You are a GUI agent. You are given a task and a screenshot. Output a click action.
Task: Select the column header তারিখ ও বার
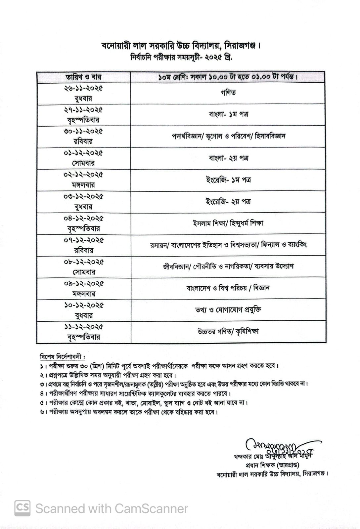click(83, 77)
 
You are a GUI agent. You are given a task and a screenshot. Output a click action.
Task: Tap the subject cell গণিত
click(229, 93)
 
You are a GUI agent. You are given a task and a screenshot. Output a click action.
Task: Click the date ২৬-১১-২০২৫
click(83, 88)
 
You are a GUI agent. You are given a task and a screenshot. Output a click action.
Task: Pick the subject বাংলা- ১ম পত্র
click(229, 115)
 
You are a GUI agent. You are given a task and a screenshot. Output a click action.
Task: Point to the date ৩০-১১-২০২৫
click(83, 131)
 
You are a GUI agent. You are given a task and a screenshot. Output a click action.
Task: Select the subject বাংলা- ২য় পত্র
click(229, 158)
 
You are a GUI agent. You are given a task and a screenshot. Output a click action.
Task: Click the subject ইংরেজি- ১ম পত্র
click(229, 180)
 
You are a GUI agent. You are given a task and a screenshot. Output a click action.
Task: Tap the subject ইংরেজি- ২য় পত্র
click(229, 201)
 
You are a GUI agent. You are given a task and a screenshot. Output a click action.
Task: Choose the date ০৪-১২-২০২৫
click(83, 219)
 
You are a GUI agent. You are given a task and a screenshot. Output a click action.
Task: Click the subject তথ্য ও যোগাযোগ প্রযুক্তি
click(229, 310)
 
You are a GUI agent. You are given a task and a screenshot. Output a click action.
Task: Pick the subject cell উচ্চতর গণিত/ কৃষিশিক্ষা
click(229, 331)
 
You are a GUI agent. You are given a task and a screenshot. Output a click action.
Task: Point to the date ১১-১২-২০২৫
click(83, 327)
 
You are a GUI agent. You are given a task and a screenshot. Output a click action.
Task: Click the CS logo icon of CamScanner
click(22, 508)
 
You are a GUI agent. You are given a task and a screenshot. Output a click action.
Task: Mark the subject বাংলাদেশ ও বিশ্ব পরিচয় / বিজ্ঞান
click(229, 288)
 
